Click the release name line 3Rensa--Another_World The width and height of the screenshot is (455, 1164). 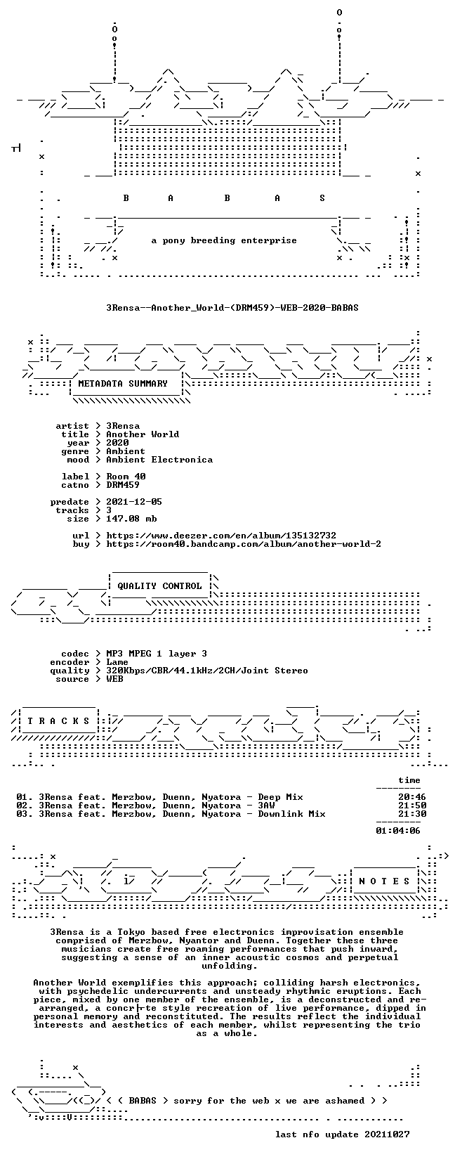tap(232, 308)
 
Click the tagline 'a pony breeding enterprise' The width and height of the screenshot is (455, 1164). tap(224, 240)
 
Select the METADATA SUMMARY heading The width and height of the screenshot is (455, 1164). tap(123, 384)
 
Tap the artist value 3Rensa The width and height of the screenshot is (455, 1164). tap(123, 426)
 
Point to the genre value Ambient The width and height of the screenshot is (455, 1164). tap(126, 451)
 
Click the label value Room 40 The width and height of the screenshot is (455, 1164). tap(126, 477)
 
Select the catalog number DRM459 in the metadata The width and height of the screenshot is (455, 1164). tap(123, 485)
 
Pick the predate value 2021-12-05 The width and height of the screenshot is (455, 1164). tap(134, 502)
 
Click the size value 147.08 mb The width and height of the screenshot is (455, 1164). tap(131, 519)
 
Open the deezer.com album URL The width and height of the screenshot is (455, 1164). tap(221, 535)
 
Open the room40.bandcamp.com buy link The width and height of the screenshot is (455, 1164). tap(244, 544)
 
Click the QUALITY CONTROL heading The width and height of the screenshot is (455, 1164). tap(159, 586)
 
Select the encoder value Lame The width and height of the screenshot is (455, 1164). tap(117, 662)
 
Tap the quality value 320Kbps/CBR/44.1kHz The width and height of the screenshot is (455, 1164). tap(207, 671)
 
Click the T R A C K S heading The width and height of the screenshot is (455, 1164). tap(58, 721)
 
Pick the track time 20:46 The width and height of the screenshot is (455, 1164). tap(412, 797)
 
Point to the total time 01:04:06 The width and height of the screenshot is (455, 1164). tap(398, 831)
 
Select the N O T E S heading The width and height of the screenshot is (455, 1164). tap(385, 881)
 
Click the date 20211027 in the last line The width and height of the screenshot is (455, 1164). tap(387, 1134)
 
